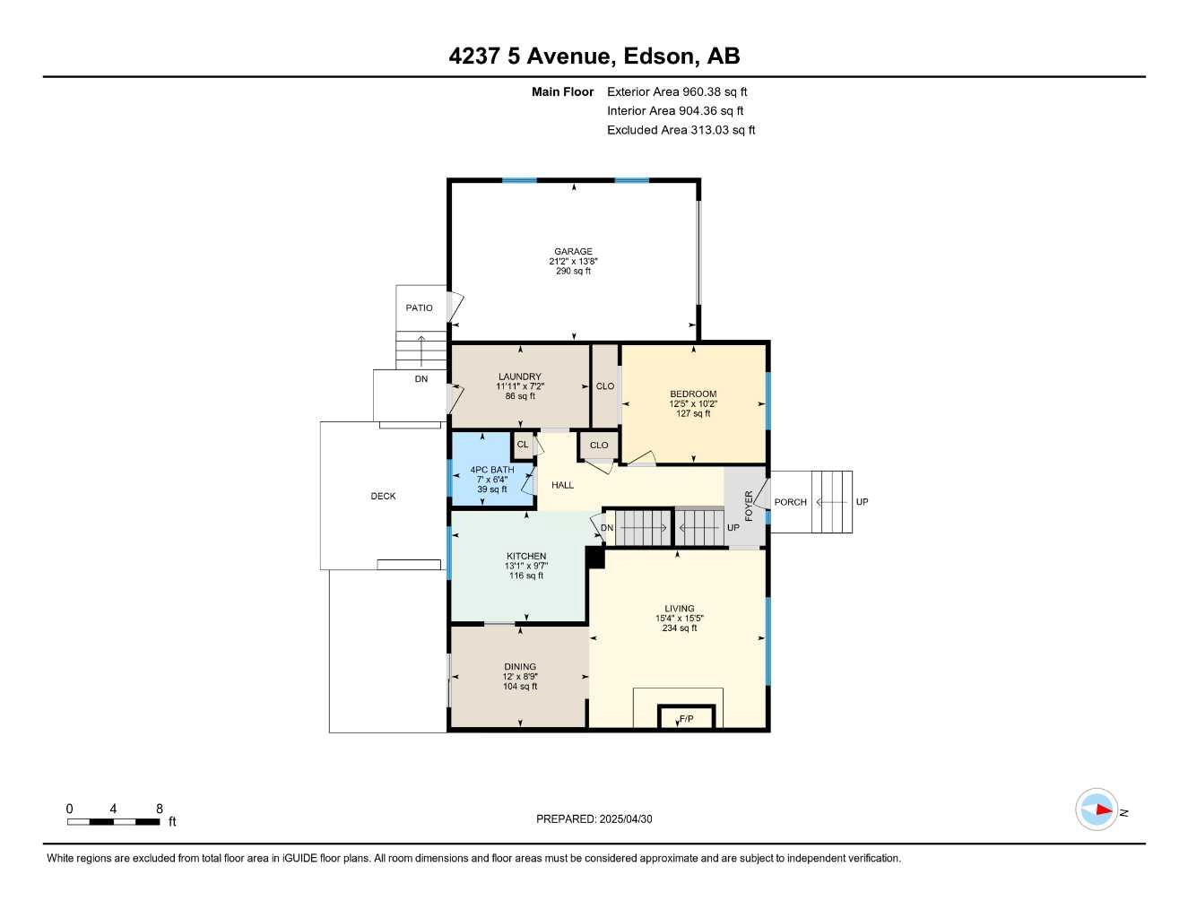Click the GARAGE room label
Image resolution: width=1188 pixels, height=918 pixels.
point(573,252)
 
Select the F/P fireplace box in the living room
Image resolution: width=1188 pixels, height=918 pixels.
point(687,718)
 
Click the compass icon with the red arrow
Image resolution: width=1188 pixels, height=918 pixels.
point(1096,810)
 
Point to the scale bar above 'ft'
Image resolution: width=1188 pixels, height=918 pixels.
point(113,821)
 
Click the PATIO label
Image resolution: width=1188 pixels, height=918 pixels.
point(419,307)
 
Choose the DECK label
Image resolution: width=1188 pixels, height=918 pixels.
point(383,496)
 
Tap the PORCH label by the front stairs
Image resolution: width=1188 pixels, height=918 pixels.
point(790,502)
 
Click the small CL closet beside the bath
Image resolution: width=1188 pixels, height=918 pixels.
point(522,445)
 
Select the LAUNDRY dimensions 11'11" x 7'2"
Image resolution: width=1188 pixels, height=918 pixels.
point(520,386)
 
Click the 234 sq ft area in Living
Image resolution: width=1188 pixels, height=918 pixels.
point(679,628)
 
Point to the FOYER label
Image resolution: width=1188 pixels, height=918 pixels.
point(749,507)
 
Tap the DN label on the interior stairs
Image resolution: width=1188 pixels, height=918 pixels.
point(607,528)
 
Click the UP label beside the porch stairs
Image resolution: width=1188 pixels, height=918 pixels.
point(862,502)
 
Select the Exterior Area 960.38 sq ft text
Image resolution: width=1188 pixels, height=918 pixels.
point(677,91)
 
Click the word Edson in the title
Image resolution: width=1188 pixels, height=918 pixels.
point(659,56)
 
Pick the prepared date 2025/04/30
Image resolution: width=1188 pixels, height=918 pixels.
point(632,818)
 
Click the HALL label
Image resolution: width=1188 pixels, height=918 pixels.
point(562,485)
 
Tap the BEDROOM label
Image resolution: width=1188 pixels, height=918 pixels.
point(693,394)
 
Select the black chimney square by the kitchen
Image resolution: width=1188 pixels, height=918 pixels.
point(595,558)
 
